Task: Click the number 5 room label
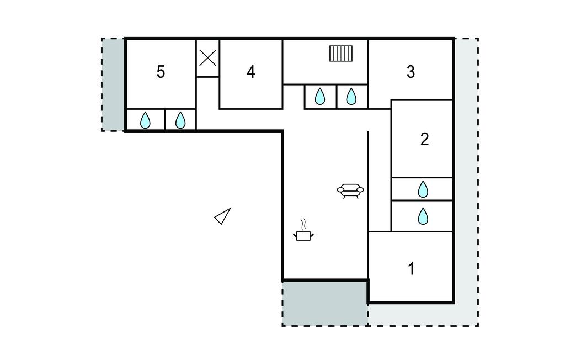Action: pos(161,72)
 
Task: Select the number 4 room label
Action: pos(251,72)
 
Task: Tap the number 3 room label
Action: pos(411,72)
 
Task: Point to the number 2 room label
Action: pos(424,139)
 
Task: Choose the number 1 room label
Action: pos(411,269)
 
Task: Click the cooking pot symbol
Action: pos(303,236)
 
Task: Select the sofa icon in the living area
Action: pos(350,190)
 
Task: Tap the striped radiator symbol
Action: pos(341,54)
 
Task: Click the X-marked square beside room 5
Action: pos(207,57)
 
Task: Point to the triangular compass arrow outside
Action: pos(222,216)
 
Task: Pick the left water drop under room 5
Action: pos(145,120)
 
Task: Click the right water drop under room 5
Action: pos(180,120)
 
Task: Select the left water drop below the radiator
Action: pos(320,97)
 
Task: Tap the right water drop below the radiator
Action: pos(351,97)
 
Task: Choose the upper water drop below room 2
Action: pos(423,189)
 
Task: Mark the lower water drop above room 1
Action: pos(423,216)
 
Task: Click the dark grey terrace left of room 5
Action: pos(113,84)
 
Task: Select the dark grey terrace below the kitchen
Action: pos(325,303)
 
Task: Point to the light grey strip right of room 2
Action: pos(465,166)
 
